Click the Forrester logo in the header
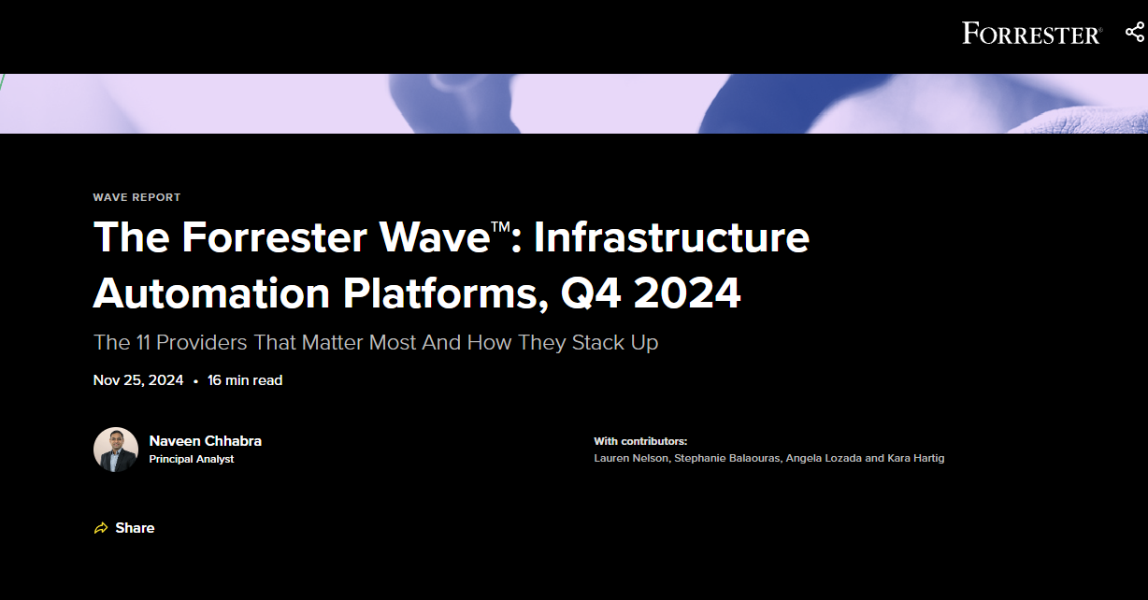(1032, 33)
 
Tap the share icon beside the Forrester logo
(1136, 33)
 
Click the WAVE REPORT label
(136, 197)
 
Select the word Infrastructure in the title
(671, 237)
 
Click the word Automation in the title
(211, 293)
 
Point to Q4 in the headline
(591, 293)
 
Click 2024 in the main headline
(687, 293)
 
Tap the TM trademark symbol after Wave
(500, 226)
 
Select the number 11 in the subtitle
(143, 342)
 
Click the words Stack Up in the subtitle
(615, 342)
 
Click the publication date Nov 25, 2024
(138, 380)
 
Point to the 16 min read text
(245, 380)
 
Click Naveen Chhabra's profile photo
(116, 450)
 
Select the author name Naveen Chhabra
(206, 440)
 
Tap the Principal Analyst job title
(192, 459)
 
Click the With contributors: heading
(640, 441)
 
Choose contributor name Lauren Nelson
(631, 458)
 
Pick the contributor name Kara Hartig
(916, 458)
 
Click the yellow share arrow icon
(101, 528)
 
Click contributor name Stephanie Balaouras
(727, 458)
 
